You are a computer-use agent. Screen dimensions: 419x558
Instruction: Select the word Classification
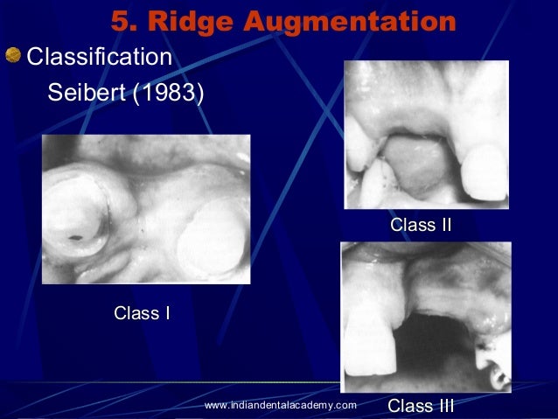coord(99,59)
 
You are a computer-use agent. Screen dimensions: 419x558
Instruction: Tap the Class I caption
coord(142,313)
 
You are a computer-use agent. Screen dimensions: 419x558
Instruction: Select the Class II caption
coord(421,225)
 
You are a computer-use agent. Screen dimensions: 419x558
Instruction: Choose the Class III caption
coord(421,406)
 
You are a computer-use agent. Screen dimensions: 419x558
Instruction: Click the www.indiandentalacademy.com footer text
coord(280,405)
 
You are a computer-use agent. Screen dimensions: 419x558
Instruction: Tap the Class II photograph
coord(426,133)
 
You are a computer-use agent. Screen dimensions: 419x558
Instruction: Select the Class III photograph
coord(425,317)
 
